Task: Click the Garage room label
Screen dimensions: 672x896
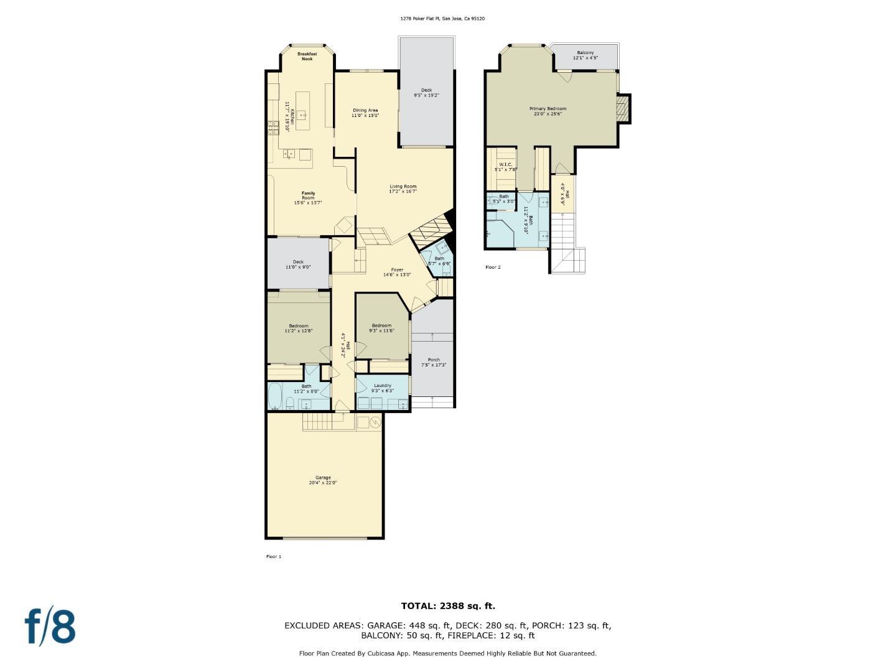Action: (x=323, y=480)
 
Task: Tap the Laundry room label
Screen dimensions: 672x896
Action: (x=382, y=388)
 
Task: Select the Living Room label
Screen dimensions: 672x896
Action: (x=403, y=189)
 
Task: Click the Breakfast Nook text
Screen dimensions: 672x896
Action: (x=307, y=56)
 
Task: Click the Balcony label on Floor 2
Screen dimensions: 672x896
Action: (x=585, y=55)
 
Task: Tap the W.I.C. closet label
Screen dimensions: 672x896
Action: (x=505, y=166)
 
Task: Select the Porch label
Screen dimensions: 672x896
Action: (x=434, y=362)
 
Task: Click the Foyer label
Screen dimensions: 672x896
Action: (x=396, y=272)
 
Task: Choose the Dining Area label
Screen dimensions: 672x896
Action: (x=365, y=113)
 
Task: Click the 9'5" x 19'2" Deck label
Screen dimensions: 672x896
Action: (x=426, y=93)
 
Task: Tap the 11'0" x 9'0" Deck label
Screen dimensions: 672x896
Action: (x=298, y=264)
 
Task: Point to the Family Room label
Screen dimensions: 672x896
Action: (x=308, y=197)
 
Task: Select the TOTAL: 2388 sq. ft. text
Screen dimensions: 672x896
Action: (x=448, y=605)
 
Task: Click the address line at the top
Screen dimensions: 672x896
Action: (x=442, y=19)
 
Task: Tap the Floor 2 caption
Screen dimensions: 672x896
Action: (x=493, y=267)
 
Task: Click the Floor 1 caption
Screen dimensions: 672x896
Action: (x=274, y=556)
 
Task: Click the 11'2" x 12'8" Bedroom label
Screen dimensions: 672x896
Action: (x=298, y=328)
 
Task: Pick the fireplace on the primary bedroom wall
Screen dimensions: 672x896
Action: (x=623, y=109)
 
